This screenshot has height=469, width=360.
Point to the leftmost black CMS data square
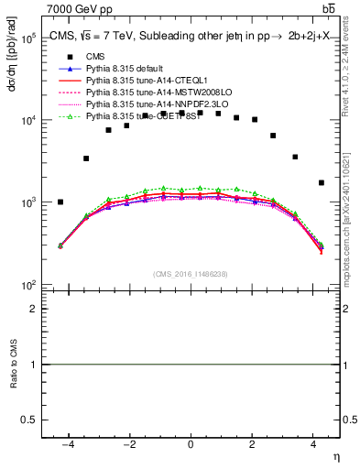point(60,202)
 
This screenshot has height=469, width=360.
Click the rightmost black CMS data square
point(321,182)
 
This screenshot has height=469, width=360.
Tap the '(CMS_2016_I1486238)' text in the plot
point(191,274)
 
